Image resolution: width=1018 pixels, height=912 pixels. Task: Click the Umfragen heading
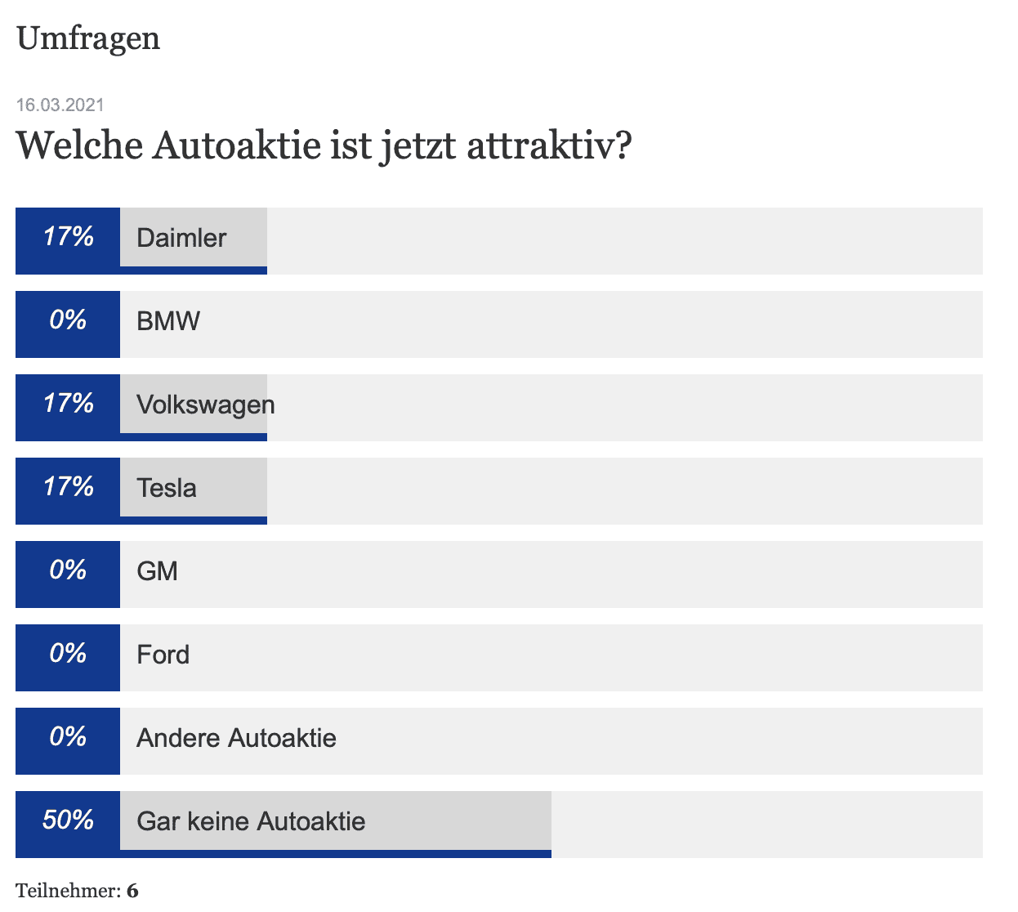(x=88, y=38)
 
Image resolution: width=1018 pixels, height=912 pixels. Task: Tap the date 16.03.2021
(x=60, y=105)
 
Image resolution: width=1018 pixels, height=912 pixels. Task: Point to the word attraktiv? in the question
(x=549, y=146)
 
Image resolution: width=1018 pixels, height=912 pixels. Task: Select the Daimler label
(x=181, y=238)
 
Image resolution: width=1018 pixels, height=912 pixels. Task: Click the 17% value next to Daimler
(x=68, y=237)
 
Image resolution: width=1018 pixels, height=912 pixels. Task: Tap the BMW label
(x=168, y=321)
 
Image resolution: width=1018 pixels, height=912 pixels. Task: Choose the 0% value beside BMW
(x=68, y=320)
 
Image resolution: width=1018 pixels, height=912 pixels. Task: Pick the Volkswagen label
(x=206, y=405)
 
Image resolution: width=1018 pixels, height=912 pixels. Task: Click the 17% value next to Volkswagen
(x=68, y=404)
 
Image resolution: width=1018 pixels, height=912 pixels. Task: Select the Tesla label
(x=167, y=488)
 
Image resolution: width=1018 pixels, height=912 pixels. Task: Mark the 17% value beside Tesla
(x=68, y=487)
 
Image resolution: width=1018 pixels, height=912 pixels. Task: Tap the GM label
(x=157, y=571)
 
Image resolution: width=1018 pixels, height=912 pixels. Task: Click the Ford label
(x=163, y=655)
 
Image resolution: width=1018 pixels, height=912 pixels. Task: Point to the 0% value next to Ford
(x=68, y=654)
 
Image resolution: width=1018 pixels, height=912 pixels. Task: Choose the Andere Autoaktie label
(x=236, y=738)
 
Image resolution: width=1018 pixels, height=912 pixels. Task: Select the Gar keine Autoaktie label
(x=251, y=821)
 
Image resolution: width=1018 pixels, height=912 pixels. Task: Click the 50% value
(x=68, y=820)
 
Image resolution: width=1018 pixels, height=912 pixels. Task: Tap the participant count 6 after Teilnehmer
(x=132, y=891)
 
